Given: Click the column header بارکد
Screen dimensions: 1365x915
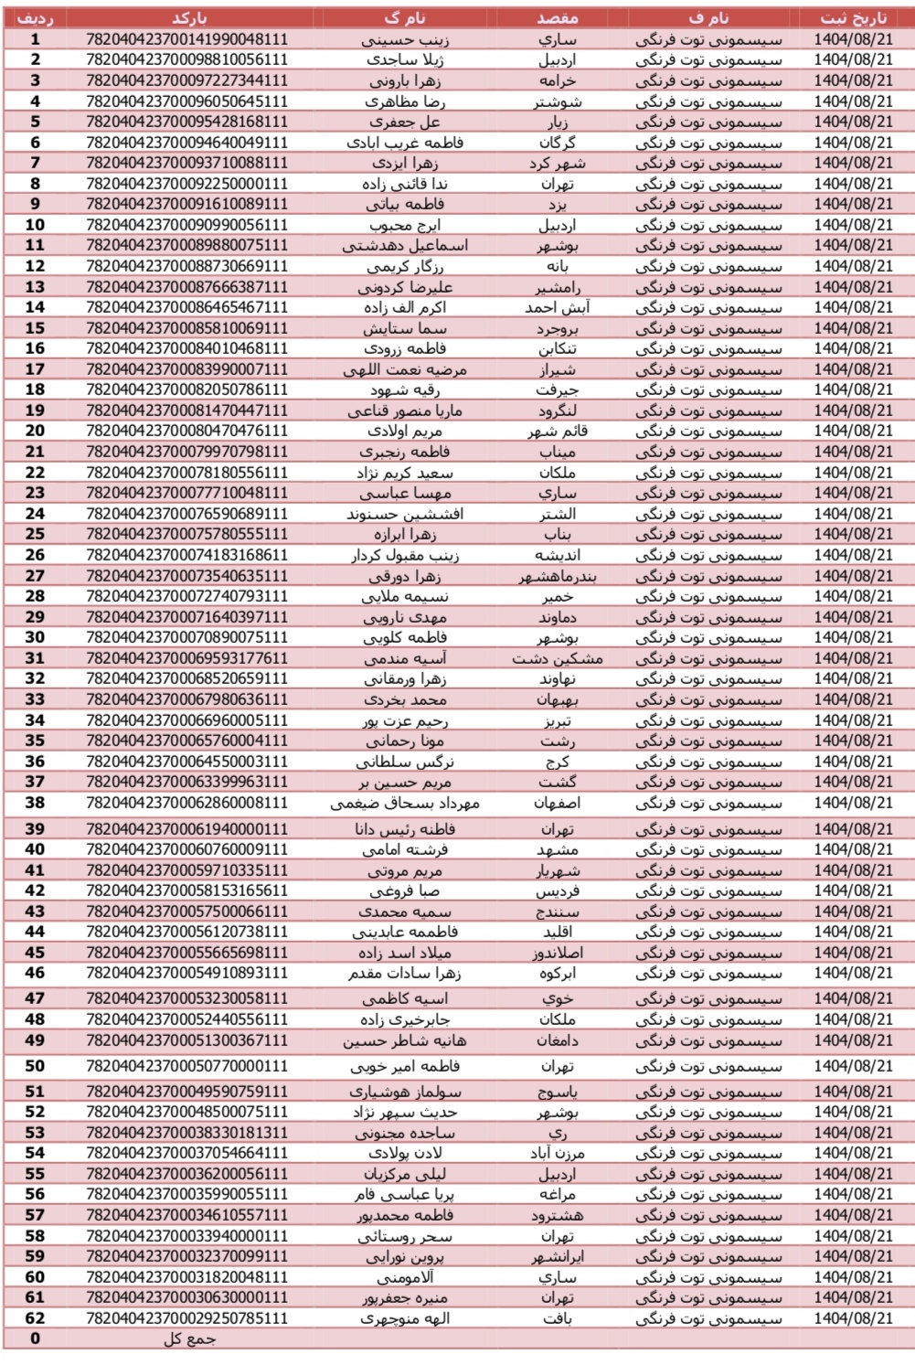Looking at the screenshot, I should click(x=189, y=17).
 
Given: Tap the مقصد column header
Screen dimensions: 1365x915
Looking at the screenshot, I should click(x=557, y=17).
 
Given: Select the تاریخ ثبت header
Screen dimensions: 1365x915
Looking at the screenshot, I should click(x=853, y=17).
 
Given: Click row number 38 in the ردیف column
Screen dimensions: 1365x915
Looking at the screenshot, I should click(x=35, y=803).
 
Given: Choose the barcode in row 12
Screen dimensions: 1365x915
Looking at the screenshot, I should click(x=187, y=266).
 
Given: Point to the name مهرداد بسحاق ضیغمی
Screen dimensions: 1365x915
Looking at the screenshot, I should click(x=404, y=803).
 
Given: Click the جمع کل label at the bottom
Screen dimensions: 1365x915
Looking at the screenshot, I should click(x=189, y=1339).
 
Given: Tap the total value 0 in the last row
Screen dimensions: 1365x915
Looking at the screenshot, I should click(x=35, y=1339).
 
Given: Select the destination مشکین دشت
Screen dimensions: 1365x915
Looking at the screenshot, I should click(x=557, y=658).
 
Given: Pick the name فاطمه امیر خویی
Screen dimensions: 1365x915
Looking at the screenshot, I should click(x=404, y=1066).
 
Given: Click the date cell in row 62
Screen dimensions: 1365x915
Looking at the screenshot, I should click(x=853, y=1318).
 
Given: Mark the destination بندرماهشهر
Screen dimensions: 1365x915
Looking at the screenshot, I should click(x=557, y=576).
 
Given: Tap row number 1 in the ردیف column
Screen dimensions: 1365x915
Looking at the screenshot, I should click(x=35, y=39).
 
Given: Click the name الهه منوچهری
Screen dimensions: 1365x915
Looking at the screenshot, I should click(x=404, y=1318).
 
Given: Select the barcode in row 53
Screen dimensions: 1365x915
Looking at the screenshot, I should click(x=187, y=1132).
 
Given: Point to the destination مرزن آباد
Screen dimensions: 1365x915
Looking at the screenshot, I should click(x=557, y=1153).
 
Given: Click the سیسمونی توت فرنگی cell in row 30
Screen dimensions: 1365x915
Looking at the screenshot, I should click(x=708, y=637).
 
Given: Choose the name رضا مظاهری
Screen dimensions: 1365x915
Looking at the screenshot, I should click(x=404, y=101).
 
